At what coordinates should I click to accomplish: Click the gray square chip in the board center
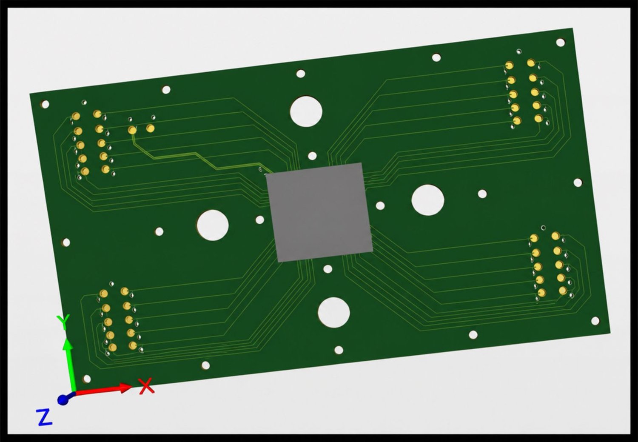[x=319, y=212]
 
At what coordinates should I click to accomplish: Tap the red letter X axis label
[x=146, y=386]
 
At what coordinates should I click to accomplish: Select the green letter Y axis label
[x=63, y=322]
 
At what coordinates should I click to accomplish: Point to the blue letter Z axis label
[x=44, y=417]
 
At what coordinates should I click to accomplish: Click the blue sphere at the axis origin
[x=63, y=399]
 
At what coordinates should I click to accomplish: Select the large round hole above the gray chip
[x=306, y=111]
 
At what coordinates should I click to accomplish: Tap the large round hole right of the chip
[x=428, y=200]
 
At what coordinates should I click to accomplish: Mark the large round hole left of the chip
[x=213, y=225]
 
